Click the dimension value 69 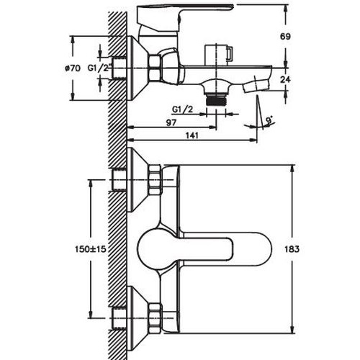(x=285, y=37)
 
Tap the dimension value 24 (x=285, y=79)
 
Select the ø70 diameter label (x=73, y=68)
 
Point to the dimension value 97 (x=171, y=122)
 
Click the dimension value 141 (x=192, y=135)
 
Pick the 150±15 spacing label (x=90, y=249)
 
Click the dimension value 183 (x=292, y=249)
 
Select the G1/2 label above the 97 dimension (x=182, y=109)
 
